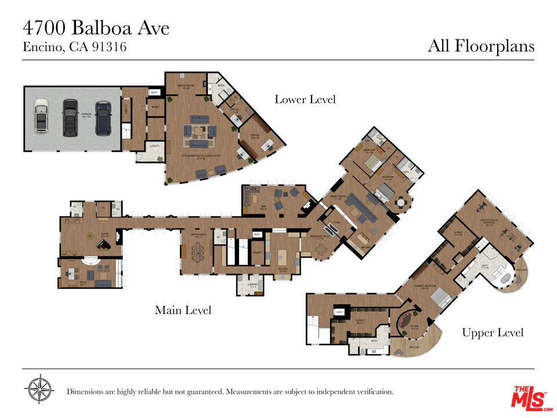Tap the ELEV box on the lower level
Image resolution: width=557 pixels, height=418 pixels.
tap(155, 92)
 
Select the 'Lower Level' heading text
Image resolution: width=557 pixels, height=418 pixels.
tap(305, 99)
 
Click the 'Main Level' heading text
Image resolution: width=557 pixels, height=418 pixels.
tap(183, 311)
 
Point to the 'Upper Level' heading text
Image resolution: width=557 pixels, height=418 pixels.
tap(493, 333)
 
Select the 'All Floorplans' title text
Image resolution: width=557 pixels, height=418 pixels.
tap(480, 46)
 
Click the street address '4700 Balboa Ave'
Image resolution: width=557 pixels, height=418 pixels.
tap(96, 27)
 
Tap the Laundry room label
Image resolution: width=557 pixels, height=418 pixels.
tap(252, 284)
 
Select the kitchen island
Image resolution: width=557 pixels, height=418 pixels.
tap(283, 257)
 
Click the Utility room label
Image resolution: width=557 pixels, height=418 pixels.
tap(154, 146)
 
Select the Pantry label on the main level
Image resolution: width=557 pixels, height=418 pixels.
tap(258, 253)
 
